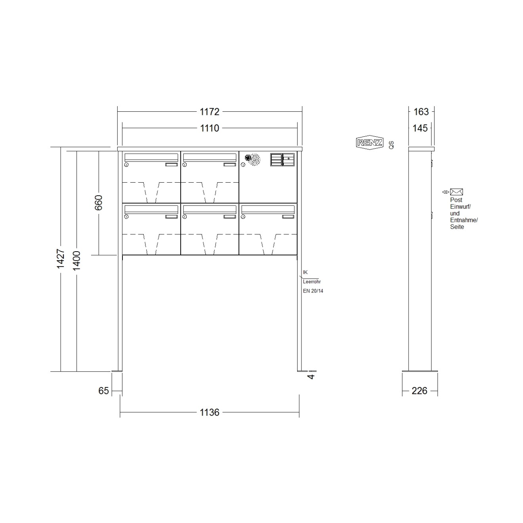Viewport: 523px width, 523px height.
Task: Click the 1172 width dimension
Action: tap(209, 112)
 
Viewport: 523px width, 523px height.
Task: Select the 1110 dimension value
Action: tap(209, 128)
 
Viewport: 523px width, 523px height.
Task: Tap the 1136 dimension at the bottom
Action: tap(209, 412)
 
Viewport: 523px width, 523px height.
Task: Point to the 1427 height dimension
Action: tap(61, 259)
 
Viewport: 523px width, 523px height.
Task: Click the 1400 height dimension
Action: tap(77, 261)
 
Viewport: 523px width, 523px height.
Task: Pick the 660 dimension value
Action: tap(99, 202)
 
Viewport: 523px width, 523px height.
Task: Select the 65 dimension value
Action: tap(103, 391)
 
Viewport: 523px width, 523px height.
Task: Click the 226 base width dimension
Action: tap(419, 391)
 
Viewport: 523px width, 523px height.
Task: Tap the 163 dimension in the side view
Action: tap(421, 112)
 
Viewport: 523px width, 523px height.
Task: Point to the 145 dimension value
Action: tap(420, 128)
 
